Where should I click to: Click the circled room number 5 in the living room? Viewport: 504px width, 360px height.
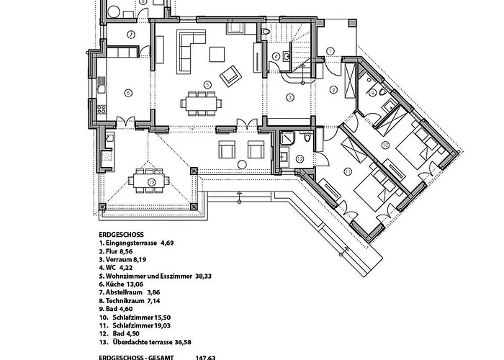207,84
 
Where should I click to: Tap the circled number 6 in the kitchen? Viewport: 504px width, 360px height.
127,92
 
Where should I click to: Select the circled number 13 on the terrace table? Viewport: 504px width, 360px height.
150,182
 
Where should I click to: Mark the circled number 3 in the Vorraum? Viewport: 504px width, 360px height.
290,96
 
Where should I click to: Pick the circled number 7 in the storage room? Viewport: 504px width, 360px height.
131,35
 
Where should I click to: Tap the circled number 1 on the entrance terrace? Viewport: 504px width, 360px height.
330,50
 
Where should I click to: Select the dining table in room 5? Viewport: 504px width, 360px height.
201,104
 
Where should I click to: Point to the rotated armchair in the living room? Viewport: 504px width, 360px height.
230,74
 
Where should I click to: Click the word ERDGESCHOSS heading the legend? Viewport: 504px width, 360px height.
122,235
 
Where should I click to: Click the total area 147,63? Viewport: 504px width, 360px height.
207,356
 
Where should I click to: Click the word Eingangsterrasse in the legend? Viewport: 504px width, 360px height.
131,243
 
